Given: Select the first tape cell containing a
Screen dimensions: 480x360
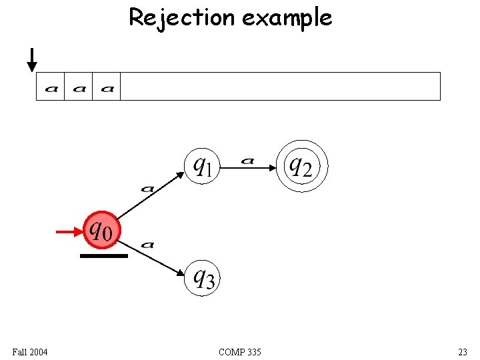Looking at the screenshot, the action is pyautogui.click(x=51, y=87).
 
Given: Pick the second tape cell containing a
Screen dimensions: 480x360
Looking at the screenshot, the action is pyautogui.click(x=79, y=87).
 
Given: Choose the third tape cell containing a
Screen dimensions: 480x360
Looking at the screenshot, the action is pyautogui.click(x=107, y=87).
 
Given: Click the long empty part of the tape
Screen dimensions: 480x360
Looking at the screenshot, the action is pyautogui.click(x=280, y=87).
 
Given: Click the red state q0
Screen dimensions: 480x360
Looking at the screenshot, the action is pyautogui.click(x=101, y=230).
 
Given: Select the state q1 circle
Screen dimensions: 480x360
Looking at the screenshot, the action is pyautogui.click(x=202, y=165).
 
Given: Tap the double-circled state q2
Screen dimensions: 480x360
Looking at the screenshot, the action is pyautogui.click(x=303, y=165).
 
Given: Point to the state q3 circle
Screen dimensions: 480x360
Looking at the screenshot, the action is pyautogui.click(x=202, y=277).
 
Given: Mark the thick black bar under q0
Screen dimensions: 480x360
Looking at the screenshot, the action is pyautogui.click(x=103, y=255).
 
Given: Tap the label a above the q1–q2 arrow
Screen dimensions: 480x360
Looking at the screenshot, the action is pyautogui.click(x=247, y=160).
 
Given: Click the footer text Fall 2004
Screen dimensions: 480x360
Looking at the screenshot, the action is pyautogui.click(x=29, y=351).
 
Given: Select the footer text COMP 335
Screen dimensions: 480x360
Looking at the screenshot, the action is pyautogui.click(x=239, y=351).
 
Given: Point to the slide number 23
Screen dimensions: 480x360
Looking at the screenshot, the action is pyautogui.click(x=462, y=351).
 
